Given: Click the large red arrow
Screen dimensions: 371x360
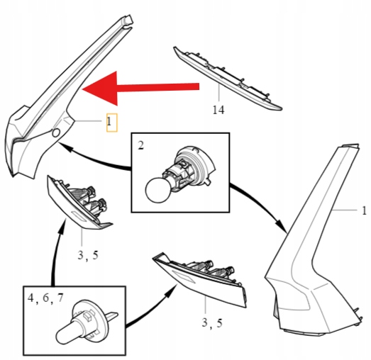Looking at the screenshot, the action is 140,88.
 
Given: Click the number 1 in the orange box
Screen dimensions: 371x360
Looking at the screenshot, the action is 109,122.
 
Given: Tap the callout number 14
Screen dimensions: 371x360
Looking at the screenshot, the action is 218,110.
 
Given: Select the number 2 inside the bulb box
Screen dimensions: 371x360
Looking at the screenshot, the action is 140,145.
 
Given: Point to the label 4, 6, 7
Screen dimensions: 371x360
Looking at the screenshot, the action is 45,298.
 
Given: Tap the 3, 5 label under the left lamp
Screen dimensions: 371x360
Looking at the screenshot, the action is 88,255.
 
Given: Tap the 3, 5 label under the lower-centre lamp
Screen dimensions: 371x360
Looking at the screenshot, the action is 212,323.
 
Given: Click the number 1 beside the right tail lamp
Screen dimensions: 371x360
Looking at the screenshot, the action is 365,210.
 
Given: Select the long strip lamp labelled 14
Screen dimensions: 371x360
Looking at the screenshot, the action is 227,78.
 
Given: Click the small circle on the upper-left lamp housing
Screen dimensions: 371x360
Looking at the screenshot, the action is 56,133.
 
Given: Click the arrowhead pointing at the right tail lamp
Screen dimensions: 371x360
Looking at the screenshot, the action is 282,227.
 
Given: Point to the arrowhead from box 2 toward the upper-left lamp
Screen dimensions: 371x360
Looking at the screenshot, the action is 66,147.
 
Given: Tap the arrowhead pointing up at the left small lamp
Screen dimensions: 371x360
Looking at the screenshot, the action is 62,226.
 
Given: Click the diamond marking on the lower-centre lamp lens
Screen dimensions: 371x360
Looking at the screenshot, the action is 184,276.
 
